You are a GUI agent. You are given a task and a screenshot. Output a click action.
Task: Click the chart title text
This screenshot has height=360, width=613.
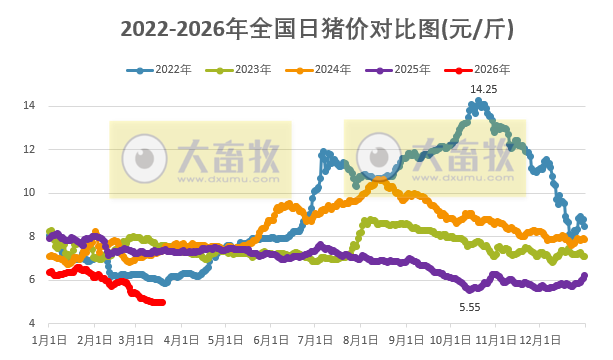tap(306, 28)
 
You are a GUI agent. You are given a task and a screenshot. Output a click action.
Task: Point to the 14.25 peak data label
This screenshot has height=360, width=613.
tap(485, 89)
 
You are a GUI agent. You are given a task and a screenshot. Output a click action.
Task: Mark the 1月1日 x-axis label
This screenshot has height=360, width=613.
tap(49, 341)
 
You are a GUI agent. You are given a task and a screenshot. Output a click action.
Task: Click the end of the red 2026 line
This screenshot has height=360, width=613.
tap(163, 303)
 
